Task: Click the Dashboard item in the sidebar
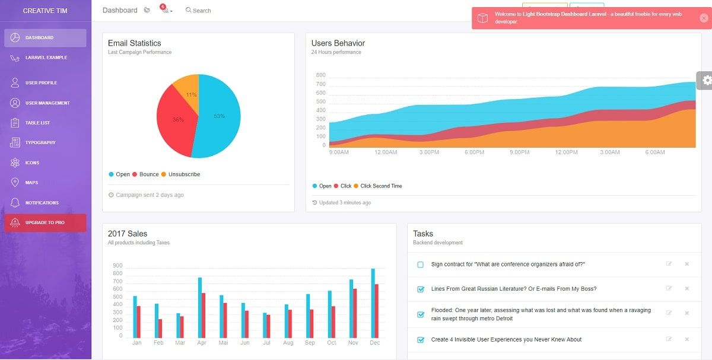[x=45, y=38]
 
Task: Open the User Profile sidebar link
[x=41, y=83]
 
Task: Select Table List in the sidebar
[x=37, y=123]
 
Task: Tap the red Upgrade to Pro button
[x=45, y=222]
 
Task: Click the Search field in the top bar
[x=202, y=11]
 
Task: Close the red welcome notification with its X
[x=704, y=18]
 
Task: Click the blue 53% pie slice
[x=220, y=119]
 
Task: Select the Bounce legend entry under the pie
[x=148, y=174]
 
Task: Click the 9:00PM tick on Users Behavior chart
[x=519, y=152]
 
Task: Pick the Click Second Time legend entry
[x=380, y=186]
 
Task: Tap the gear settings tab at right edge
[x=705, y=80]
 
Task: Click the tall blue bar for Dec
[x=373, y=303]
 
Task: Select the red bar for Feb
[x=160, y=328]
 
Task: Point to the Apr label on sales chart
[x=202, y=343]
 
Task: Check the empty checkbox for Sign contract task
[x=421, y=265]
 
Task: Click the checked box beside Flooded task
[x=421, y=314]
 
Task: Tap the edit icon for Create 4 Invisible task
[x=669, y=339]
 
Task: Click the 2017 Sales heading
[x=128, y=234]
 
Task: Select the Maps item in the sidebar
[x=31, y=183]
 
